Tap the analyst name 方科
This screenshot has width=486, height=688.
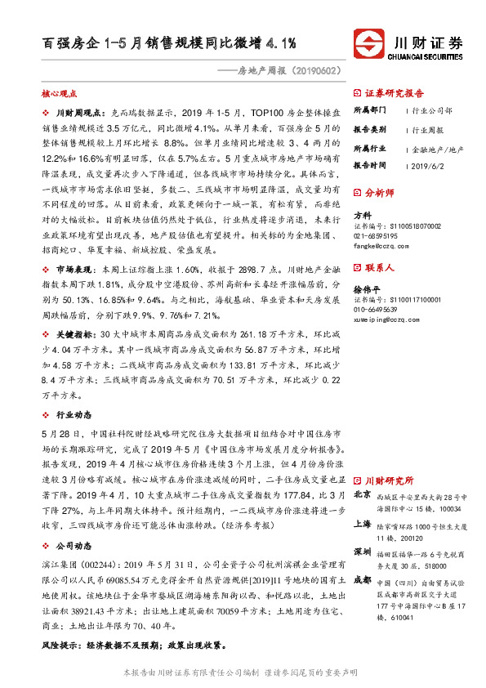tap(362, 215)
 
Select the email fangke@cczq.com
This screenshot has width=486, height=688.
tap(380, 244)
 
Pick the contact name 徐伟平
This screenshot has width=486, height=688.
tap(367, 288)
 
